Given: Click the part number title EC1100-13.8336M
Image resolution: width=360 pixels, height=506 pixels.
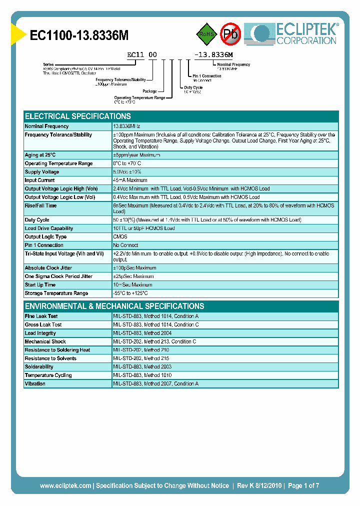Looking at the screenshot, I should coord(79,35).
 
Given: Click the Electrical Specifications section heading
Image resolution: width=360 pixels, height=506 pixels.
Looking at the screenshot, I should coord(78,116).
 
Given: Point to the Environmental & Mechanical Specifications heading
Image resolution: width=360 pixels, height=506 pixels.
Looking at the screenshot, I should coord(114,306).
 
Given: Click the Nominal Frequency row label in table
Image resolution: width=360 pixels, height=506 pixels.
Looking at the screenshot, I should coord(47,126).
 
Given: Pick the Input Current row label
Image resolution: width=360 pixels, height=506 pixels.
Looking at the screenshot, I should coord(40,180).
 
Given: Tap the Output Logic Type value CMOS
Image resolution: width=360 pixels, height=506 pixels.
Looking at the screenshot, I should coord(120,237).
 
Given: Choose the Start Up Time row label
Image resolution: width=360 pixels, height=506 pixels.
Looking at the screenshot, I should coord(40,285).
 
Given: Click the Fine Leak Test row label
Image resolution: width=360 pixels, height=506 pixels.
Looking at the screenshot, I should coord(41,316).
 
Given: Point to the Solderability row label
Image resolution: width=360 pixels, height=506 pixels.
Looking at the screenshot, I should coord(39,367).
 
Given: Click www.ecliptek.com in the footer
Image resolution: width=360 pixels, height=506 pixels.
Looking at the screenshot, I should coord(65,485).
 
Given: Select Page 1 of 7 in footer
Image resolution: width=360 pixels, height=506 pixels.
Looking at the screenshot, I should coord(303,485).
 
